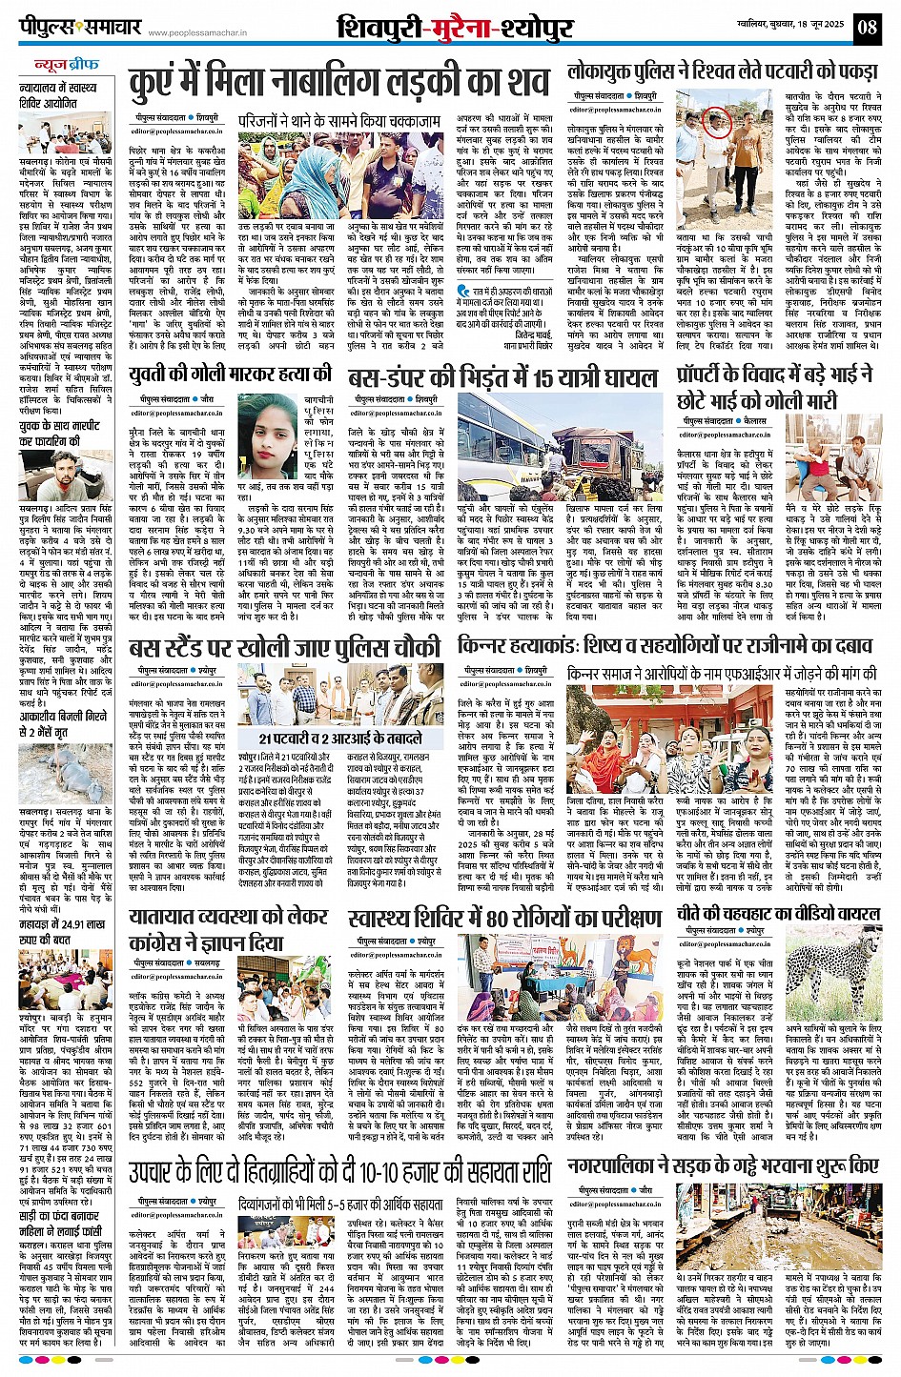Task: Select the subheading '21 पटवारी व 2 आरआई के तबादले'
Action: [340, 738]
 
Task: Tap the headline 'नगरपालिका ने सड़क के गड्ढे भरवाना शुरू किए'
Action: [723, 1164]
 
